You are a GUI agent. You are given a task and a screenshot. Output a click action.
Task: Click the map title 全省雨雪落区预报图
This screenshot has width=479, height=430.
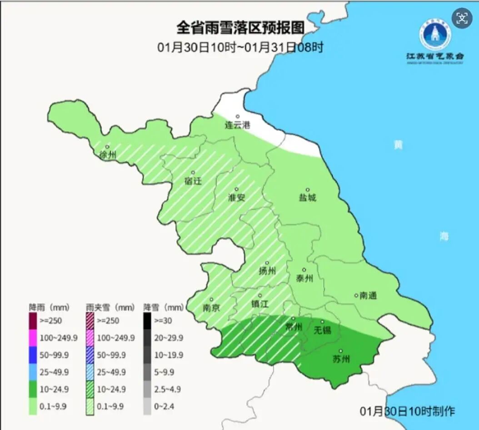click(x=240, y=28)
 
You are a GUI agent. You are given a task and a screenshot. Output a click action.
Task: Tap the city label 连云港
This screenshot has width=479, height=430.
click(x=238, y=125)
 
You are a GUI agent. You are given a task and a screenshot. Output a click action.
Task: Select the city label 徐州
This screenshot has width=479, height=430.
click(x=108, y=155)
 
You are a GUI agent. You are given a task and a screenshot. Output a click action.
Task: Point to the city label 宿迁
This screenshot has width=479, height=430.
click(x=193, y=181)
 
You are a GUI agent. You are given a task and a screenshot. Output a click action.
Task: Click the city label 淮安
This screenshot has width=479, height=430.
click(x=236, y=197)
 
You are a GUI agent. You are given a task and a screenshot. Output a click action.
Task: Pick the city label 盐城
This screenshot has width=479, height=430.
click(x=307, y=197)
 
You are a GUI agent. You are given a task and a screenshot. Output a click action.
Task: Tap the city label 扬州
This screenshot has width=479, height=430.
click(x=267, y=271)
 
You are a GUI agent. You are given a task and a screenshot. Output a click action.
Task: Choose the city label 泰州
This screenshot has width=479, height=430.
click(x=304, y=278)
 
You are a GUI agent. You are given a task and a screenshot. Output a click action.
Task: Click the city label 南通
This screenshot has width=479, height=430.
click(x=368, y=295)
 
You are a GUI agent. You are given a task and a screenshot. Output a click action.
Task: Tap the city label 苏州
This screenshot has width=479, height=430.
click(x=341, y=359)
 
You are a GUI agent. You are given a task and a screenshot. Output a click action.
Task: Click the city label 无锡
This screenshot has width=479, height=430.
click(x=323, y=330)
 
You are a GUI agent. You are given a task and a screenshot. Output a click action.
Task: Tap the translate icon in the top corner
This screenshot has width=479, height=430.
click(x=462, y=18)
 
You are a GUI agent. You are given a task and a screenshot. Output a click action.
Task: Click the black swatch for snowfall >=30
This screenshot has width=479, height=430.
click(x=148, y=320)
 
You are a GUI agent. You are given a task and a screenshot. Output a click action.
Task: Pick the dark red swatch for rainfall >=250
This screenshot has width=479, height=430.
click(x=33, y=320)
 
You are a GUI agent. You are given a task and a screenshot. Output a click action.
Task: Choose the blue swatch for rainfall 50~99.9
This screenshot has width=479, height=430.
click(x=33, y=355)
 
